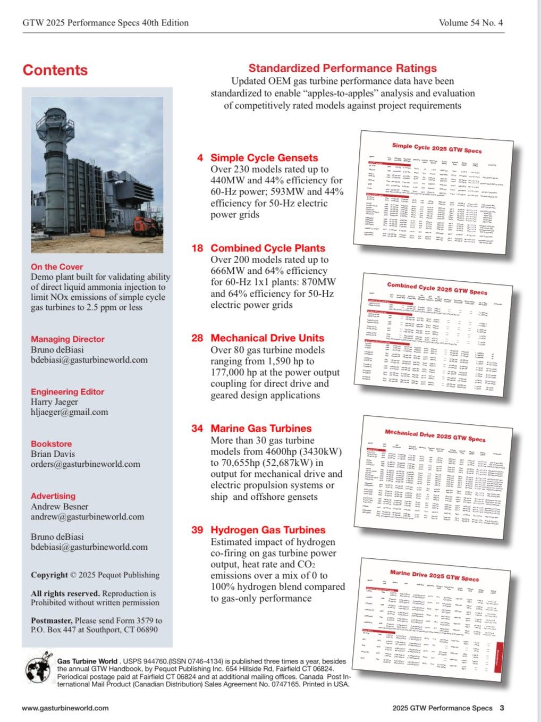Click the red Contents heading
55,70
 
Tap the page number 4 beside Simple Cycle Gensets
200,158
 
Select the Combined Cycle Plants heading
267,248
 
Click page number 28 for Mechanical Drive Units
197,338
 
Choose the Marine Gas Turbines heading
261,429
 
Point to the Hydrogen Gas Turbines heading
268,530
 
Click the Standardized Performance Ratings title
342,68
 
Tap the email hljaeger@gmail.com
69,412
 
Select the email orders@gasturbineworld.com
85,464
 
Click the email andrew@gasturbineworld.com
87,517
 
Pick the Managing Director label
67,339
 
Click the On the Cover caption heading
57,267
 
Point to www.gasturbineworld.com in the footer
65,708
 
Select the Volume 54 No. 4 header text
471,22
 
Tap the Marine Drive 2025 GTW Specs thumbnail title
434,575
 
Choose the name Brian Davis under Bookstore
53,454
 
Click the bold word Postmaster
51,620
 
